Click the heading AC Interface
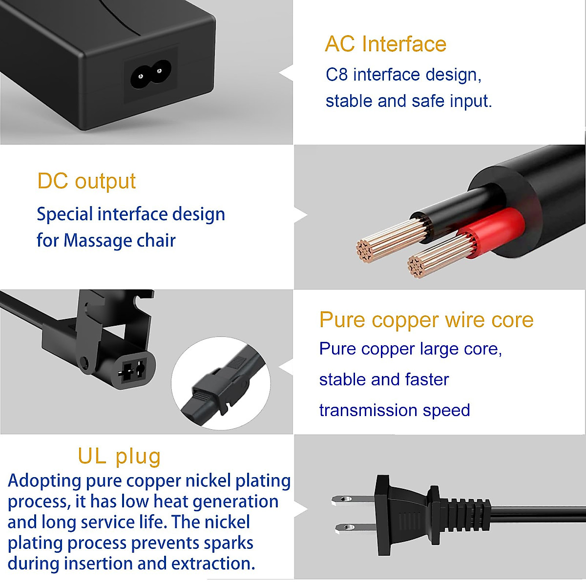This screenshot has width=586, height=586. coord(385,44)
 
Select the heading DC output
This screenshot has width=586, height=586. coord(86,181)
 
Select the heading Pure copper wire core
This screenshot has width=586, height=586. coord(426,320)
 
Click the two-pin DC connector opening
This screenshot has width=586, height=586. coord(132,371)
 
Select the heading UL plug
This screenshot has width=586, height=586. coord(119,456)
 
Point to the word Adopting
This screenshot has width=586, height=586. coord(44,481)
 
